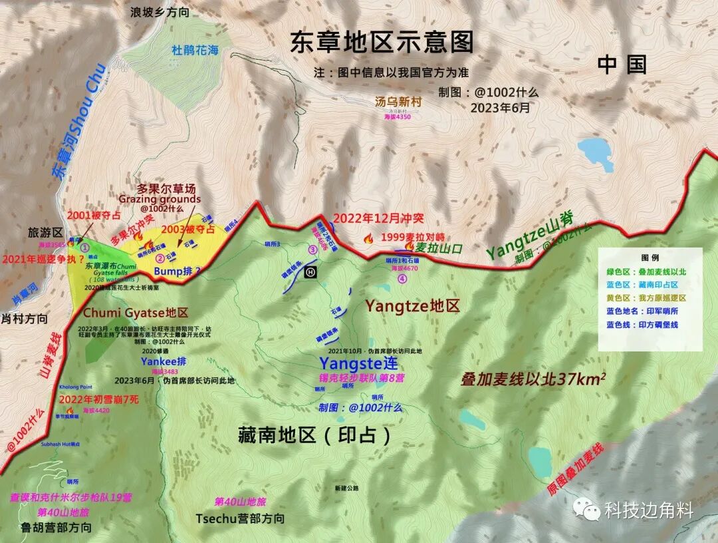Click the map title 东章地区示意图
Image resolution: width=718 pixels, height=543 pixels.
(382, 42)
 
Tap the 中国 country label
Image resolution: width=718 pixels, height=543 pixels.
(622, 65)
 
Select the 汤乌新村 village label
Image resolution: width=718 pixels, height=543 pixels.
(398, 102)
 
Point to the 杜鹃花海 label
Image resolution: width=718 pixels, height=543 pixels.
(195, 50)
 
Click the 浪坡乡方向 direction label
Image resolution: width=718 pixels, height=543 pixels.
(160, 12)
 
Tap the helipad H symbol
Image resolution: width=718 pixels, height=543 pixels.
(310, 271)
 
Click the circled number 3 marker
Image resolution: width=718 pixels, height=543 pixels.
(312, 250)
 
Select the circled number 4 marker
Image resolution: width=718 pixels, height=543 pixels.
(402, 279)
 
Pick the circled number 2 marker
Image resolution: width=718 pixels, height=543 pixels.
(160, 258)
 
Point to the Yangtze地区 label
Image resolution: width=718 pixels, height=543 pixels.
(412, 306)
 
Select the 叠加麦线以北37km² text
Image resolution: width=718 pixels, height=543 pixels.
(533, 379)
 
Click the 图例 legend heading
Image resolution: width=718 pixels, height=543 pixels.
(650, 257)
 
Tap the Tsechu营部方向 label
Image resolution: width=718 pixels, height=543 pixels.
(240, 518)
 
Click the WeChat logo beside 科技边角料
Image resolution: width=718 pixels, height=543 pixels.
(588, 510)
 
